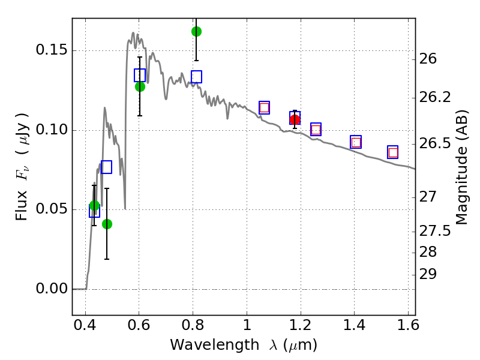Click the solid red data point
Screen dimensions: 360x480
pos(295,119)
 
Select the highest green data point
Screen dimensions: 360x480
pos(196,31)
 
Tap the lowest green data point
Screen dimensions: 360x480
pos(107,224)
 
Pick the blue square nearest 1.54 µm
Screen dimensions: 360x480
pos(393,152)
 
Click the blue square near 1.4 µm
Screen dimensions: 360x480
pos(356,142)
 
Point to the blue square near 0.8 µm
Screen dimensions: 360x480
pos(196,77)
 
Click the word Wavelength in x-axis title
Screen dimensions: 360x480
pos(203,345)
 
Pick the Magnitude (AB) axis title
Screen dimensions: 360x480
pos(463,169)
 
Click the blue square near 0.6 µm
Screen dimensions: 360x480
pos(140,75)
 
